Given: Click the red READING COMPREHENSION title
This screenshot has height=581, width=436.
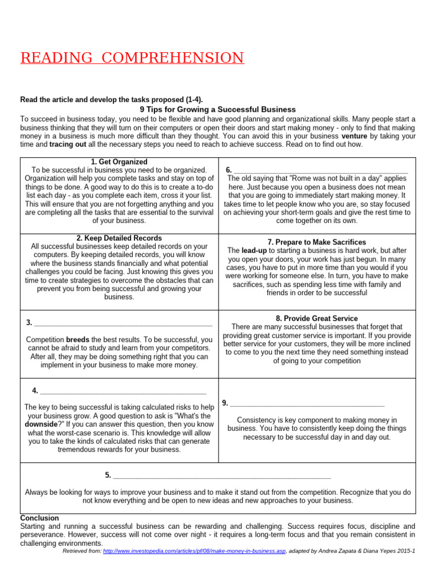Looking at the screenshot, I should (x=132, y=58).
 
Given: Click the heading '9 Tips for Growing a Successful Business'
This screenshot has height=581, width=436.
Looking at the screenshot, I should (x=217, y=110).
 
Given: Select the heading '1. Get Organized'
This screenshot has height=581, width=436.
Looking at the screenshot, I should (x=119, y=162).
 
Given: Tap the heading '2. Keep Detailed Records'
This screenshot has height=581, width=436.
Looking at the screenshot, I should (x=119, y=238).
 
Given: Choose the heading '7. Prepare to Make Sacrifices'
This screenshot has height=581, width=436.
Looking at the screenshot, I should (x=317, y=242).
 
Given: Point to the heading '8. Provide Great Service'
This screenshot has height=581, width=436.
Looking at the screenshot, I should (x=317, y=319).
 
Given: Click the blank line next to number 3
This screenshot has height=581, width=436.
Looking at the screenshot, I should (x=123, y=323).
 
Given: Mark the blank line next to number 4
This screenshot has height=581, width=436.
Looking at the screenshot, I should (x=123, y=391).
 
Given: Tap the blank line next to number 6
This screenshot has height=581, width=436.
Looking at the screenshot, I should (x=321, y=170).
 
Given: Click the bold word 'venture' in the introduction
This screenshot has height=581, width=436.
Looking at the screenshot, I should (x=354, y=137).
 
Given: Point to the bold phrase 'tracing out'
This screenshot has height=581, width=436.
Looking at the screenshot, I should (x=68, y=145).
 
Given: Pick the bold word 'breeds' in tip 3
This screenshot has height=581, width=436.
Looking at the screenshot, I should (x=78, y=340).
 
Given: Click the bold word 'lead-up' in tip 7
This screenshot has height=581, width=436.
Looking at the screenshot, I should (x=254, y=250).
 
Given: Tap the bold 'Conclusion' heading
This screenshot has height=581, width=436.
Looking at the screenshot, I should (x=39, y=518).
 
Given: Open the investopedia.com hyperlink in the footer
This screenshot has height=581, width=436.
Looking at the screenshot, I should (x=194, y=551).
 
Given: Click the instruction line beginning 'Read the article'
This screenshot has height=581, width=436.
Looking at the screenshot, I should (x=111, y=99).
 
